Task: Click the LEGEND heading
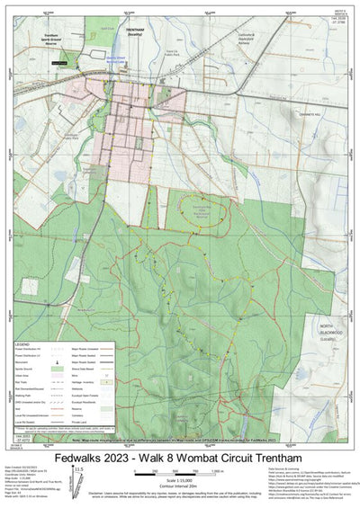coord(24,343)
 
